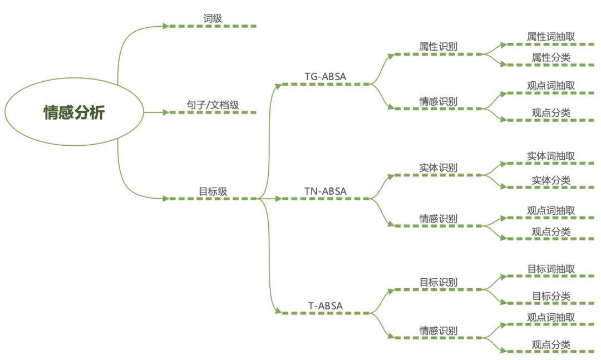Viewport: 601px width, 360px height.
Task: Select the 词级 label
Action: (213, 18)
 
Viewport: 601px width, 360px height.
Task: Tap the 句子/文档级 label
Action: (213, 105)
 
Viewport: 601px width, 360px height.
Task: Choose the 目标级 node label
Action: (213, 191)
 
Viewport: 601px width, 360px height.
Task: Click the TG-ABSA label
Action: (326, 76)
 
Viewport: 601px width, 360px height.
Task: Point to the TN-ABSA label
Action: (326, 191)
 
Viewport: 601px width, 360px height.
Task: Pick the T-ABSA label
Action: (326, 305)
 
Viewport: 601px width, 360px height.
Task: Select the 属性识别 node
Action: (438, 47)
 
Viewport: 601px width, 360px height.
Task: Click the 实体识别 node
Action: (438, 167)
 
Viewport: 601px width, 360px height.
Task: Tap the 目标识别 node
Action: (438, 282)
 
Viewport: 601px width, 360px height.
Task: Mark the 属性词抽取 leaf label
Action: (550, 37)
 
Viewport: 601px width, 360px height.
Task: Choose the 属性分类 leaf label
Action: (550, 57)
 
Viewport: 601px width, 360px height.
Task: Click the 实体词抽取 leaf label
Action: (550, 156)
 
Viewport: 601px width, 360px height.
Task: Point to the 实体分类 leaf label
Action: (550, 180)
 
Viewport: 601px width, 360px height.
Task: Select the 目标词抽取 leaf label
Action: (550, 269)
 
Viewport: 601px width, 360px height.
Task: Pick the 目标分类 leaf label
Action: (550, 296)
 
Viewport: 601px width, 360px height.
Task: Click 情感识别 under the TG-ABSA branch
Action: (438, 101)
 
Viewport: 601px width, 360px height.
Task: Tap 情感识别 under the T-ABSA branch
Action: (438, 330)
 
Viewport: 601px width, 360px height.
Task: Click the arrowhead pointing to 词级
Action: (166, 26)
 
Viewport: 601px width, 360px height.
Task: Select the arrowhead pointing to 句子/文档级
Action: (166, 112)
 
